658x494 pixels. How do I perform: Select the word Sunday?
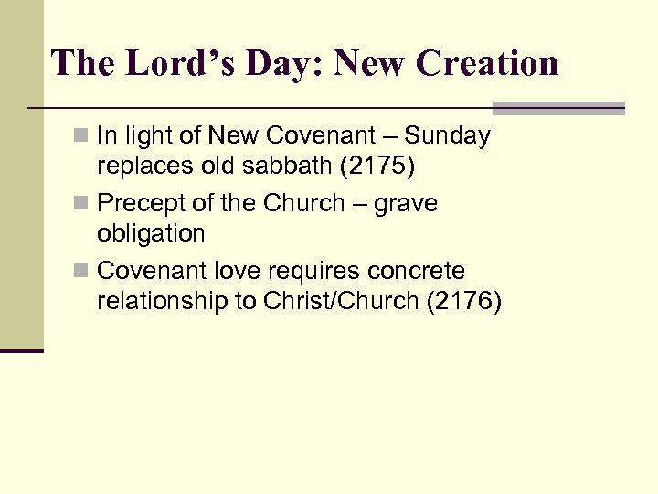tap(448, 136)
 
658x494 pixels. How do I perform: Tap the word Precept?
tap(139, 204)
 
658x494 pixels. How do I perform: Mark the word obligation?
tap(151, 233)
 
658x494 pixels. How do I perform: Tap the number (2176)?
tap(463, 301)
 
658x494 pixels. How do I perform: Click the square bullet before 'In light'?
tap(83, 137)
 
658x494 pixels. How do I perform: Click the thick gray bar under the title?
tap(558, 108)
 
